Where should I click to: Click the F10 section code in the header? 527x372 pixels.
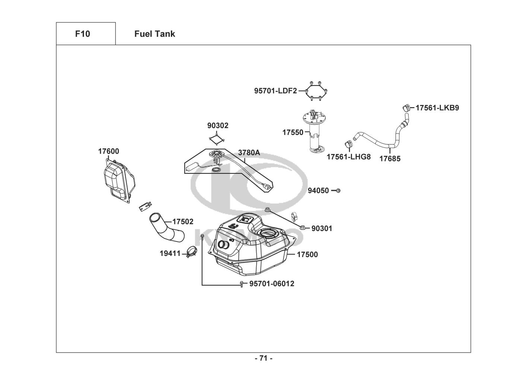82,34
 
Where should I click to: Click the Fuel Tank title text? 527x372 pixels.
155,34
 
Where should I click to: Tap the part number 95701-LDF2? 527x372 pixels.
275,91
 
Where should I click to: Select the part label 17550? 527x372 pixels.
293,132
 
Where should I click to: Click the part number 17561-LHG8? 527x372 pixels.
349,157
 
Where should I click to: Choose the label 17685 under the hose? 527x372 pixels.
390,159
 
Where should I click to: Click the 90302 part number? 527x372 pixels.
218,126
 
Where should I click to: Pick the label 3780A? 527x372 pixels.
249,153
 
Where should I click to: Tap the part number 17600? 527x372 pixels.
109,151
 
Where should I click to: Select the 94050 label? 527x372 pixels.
318,191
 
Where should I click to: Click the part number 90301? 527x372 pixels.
322,228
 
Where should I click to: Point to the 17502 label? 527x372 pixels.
183,222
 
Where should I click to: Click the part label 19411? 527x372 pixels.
170,254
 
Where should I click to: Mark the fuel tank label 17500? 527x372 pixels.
307,254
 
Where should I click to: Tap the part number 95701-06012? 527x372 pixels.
272,284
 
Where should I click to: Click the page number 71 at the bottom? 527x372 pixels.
264,358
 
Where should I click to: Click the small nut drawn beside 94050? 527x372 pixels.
338,191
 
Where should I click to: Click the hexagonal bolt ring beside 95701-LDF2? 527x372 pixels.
315,91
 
